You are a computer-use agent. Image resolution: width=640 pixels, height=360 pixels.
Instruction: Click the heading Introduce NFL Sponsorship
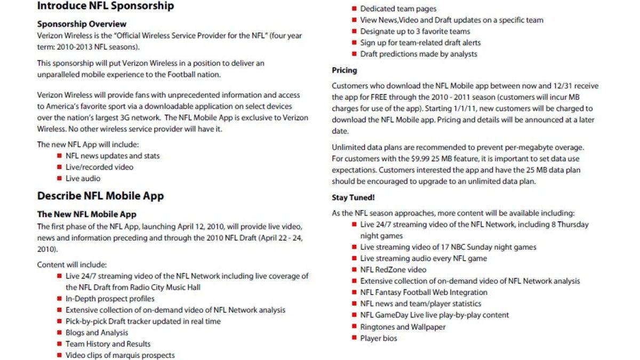click(105, 6)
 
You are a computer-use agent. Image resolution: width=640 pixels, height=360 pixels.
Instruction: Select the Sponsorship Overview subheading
click(82, 24)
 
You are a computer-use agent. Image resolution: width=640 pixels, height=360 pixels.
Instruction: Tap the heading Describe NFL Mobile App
click(100, 196)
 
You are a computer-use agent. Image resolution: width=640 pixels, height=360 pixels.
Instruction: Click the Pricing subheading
click(345, 70)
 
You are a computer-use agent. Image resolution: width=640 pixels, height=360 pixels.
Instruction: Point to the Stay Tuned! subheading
click(353, 198)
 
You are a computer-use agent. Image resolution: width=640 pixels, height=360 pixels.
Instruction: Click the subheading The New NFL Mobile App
click(86, 214)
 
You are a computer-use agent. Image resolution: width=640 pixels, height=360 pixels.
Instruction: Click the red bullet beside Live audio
click(59, 178)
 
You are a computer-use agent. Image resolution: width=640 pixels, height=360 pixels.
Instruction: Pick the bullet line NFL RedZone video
click(393, 270)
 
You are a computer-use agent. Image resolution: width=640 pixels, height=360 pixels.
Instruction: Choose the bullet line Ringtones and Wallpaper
click(403, 326)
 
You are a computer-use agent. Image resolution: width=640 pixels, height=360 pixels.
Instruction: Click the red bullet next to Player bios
click(354, 338)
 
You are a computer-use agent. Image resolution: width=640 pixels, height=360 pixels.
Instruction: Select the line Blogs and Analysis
click(97, 333)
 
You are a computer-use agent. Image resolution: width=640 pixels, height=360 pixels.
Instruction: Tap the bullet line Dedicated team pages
click(398, 9)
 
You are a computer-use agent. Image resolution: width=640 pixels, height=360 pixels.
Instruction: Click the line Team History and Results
click(108, 344)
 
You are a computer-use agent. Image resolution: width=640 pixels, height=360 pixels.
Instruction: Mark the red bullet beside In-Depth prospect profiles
click(59, 299)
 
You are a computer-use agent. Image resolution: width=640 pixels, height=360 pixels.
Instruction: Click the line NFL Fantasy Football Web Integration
click(423, 292)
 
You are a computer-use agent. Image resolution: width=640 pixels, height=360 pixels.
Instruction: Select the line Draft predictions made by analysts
click(419, 54)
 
